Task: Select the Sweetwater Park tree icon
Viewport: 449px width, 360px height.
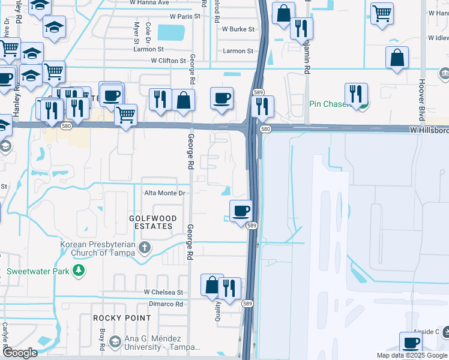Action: (x=78, y=271)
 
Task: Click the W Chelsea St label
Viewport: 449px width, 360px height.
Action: (x=163, y=292)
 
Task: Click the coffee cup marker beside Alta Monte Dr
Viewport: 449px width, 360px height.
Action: (x=241, y=211)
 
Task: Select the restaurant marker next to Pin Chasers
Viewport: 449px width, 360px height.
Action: (x=356, y=94)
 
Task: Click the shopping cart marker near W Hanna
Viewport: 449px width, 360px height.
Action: (x=381, y=13)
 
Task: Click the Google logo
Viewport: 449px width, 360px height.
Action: (x=19, y=353)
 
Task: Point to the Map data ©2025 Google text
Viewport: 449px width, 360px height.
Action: (x=411, y=355)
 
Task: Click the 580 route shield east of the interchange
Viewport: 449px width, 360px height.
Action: (x=266, y=130)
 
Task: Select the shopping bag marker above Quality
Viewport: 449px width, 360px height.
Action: (x=211, y=286)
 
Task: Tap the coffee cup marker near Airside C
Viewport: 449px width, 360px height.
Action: (x=411, y=343)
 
